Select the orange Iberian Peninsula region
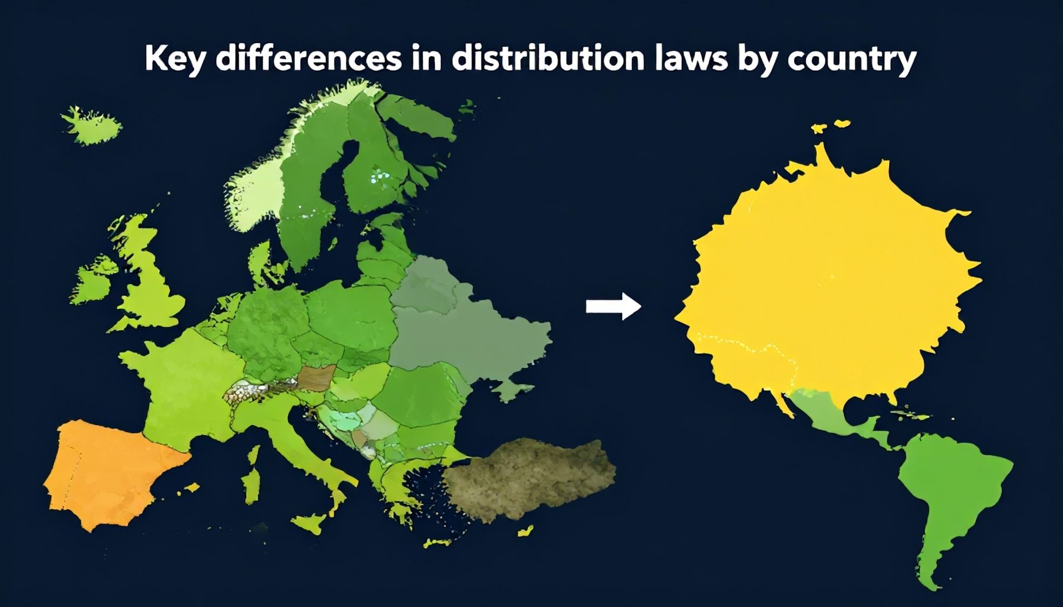(x=107, y=474)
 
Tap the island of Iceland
(x=92, y=126)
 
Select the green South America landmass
(x=949, y=498)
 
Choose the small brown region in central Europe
(x=316, y=378)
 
